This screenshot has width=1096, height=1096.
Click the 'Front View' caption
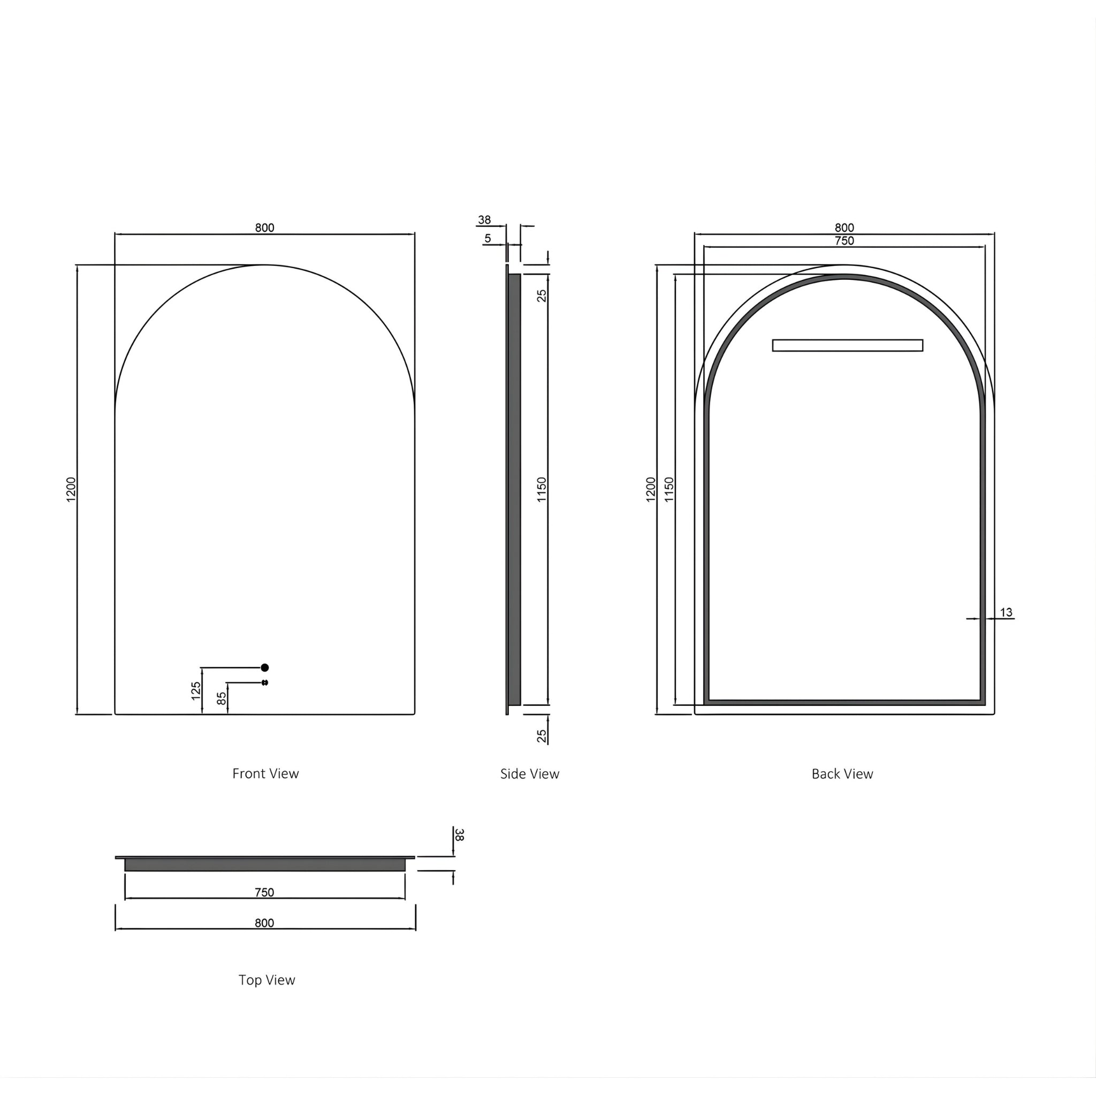[x=265, y=774]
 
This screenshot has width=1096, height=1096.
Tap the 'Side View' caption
[x=529, y=774]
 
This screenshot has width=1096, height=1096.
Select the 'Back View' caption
[x=842, y=774]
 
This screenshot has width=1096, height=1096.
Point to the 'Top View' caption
[x=267, y=980]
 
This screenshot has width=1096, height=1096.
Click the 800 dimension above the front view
[x=264, y=228]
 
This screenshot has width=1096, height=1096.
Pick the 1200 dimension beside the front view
[x=71, y=489]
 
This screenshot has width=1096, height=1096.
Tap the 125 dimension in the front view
[x=196, y=691]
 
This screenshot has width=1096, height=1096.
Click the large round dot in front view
[x=264, y=668]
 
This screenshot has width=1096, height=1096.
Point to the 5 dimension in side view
[x=488, y=239]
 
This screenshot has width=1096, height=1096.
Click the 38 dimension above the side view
[x=484, y=220]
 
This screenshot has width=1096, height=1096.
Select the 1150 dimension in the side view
[x=542, y=489]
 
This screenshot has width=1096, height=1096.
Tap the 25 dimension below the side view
[x=542, y=736]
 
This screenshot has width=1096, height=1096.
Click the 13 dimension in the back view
[x=1006, y=613]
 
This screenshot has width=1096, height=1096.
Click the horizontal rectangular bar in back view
[x=848, y=346]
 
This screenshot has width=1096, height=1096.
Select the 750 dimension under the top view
[x=264, y=892]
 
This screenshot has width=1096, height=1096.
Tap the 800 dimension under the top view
[x=264, y=923]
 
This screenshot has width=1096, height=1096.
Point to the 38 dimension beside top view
[x=460, y=834]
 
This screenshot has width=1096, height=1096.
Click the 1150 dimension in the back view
[x=669, y=489]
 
